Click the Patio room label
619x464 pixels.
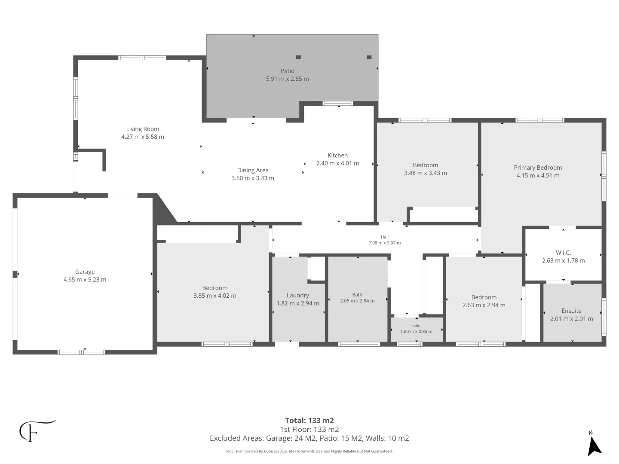pyautogui.click(x=287, y=71)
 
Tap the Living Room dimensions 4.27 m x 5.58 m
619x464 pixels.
pyautogui.click(x=142, y=137)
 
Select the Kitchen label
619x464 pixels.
pyautogui.click(x=337, y=155)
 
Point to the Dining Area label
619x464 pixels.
pyautogui.click(x=253, y=170)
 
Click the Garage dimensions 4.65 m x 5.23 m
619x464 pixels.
pyautogui.click(x=85, y=280)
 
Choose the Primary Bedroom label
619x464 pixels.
pyautogui.click(x=538, y=168)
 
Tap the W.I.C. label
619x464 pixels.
pyautogui.click(x=563, y=253)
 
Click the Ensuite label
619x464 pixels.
pyautogui.click(x=571, y=311)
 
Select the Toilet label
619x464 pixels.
pyautogui.click(x=416, y=326)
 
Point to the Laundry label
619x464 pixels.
pyautogui.click(x=298, y=295)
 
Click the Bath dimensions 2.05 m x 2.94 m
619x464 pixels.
pyautogui.click(x=357, y=301)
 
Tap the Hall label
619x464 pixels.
pyautogui.click(x=385, y=237)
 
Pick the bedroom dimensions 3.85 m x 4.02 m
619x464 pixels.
pyautogui.click(x=215, y=296)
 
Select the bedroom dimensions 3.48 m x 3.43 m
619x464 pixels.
pyautogui.click(x=425, y=173)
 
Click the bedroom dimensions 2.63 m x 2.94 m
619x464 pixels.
pyautogui.click(x=484, y=305)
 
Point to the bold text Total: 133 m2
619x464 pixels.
pyautogui.click(x=309, y=421)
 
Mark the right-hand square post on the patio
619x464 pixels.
pyautogui.click(x=369, y=57)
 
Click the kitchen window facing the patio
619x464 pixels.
pyautogui.click(x=338, y=104)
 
